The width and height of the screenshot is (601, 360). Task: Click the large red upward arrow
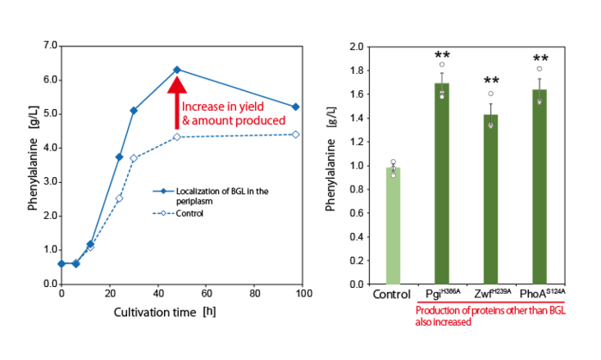(x=177, y=104)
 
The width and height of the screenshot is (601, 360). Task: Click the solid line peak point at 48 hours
(x=177, y=70)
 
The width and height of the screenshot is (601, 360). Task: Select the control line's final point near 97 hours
(x=296, y=134)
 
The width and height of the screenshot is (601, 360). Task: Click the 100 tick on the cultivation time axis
(x=303, y=294)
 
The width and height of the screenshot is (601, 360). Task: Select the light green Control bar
(x=392, y=225)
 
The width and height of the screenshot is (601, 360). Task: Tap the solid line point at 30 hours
(x=133, y=111)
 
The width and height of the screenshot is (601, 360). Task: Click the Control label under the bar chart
(x=392, y=296)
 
